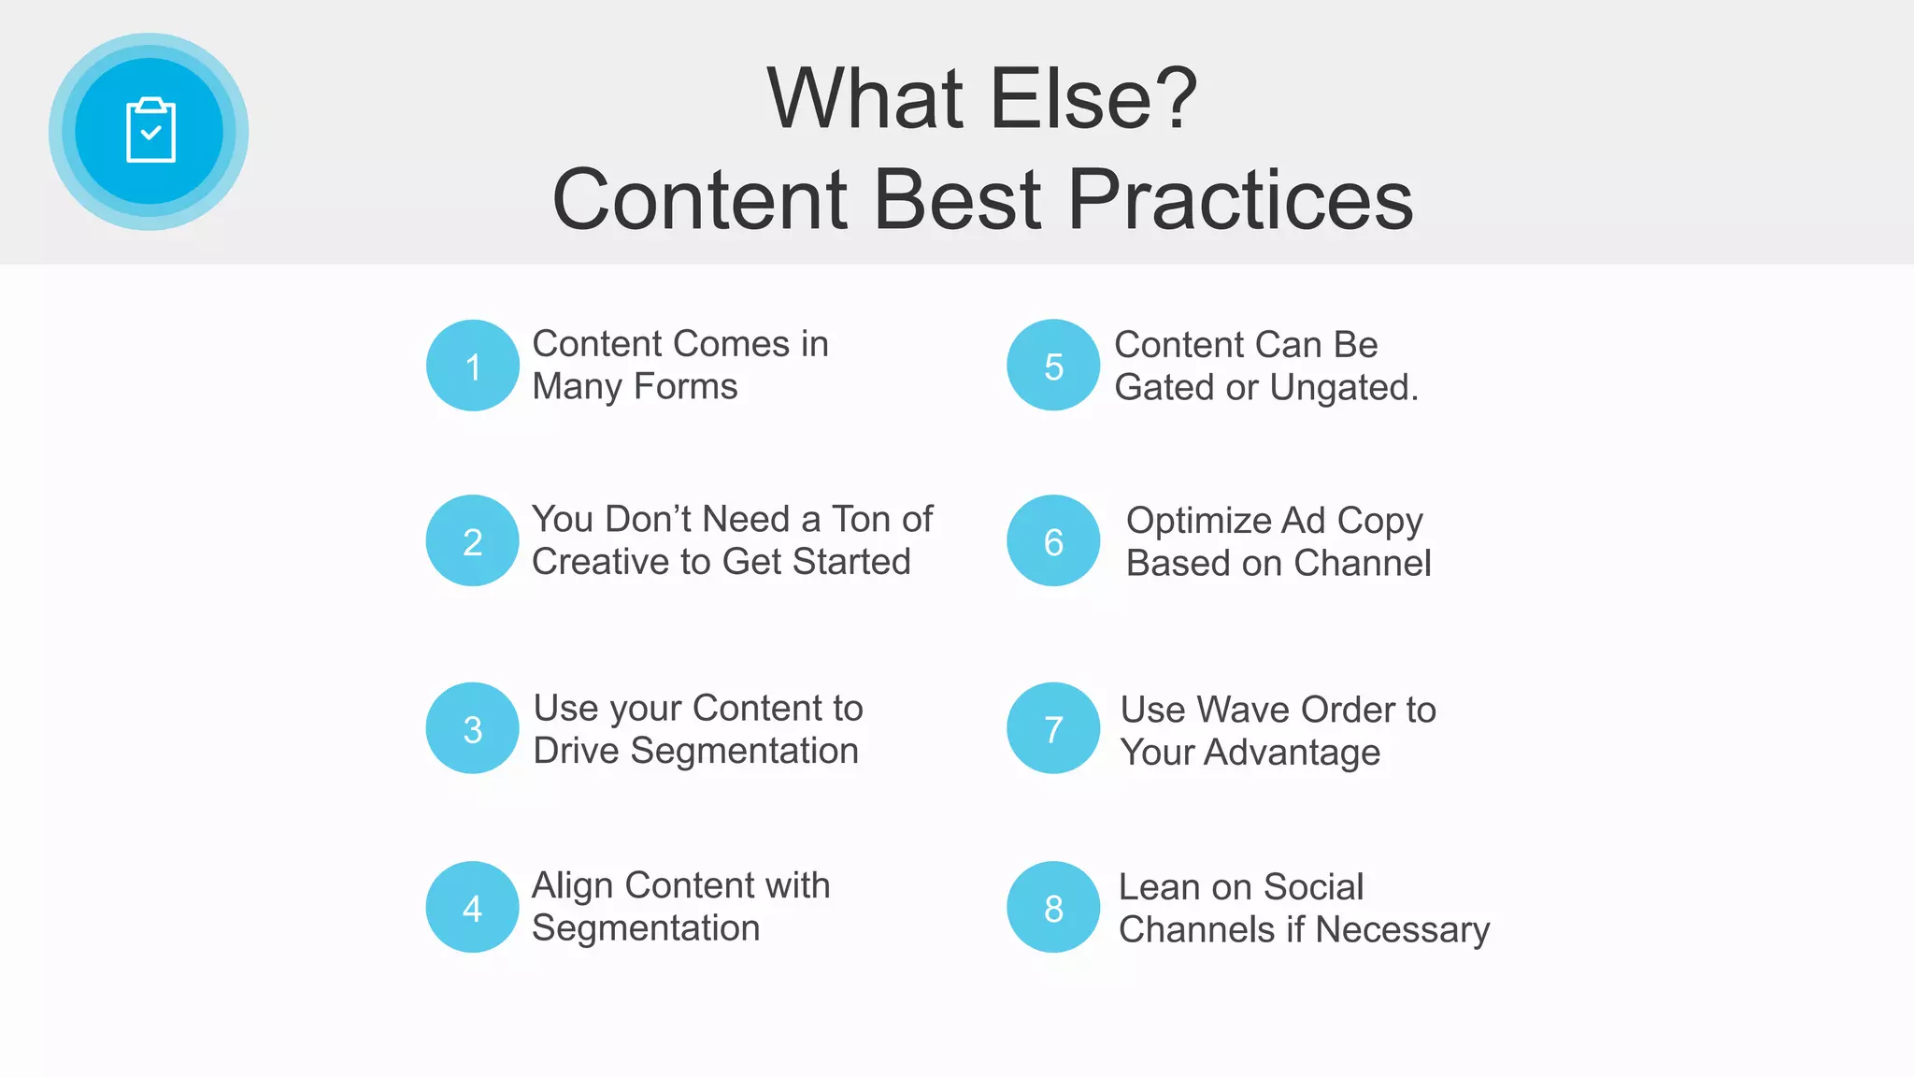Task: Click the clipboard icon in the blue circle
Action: coord(150,131)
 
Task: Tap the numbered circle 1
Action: coord(473,366)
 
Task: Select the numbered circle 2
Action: coord(473,540)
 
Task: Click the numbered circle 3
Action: coord(473,728)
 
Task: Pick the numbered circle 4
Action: coord(473,907)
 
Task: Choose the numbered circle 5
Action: coord(1053,366)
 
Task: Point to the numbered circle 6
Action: coord(1053,540)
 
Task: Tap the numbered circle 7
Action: coord(1053,728)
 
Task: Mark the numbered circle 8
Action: coord(1053,907)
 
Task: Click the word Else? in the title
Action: coord(1093,99)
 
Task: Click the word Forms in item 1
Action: coord(685,387)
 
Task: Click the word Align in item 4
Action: coord(572,886)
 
